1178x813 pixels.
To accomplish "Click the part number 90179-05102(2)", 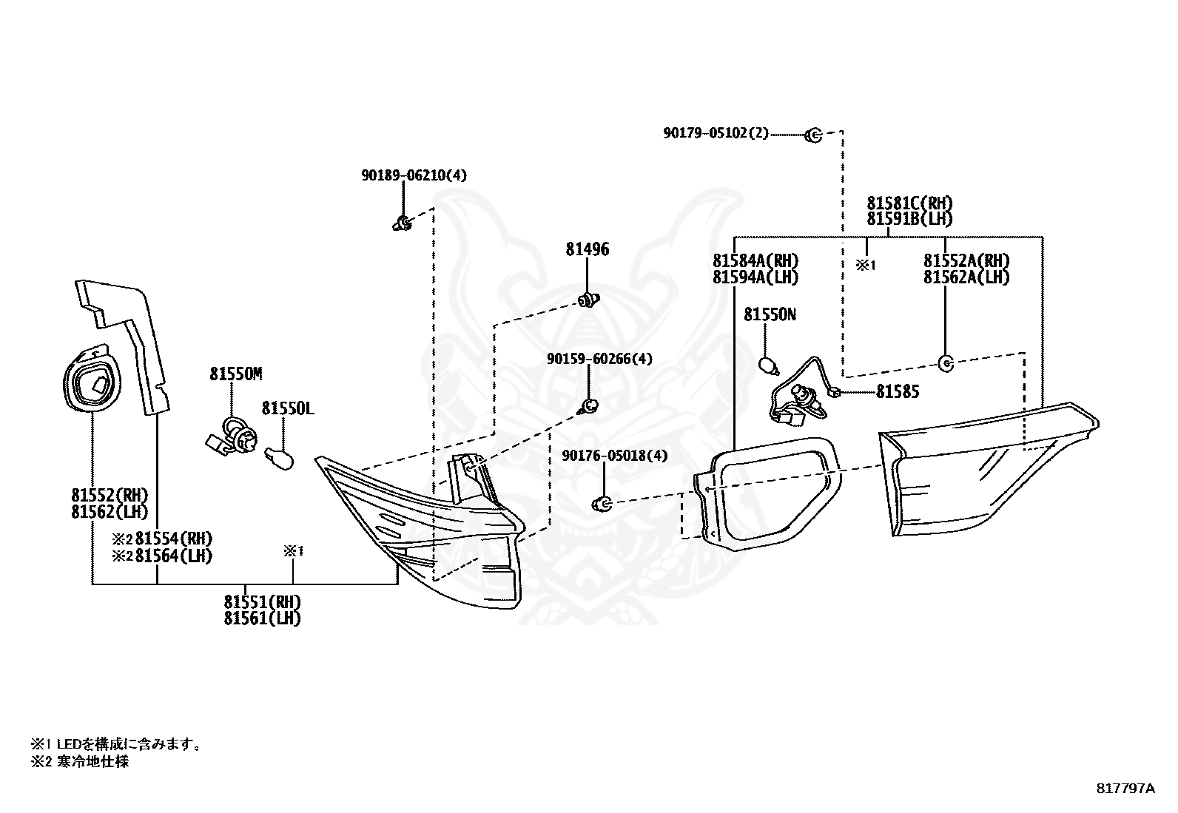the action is (x=716, y=133).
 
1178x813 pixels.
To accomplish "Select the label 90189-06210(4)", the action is (x=414, y=175).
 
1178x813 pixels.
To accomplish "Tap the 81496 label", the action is (x=588, y=249).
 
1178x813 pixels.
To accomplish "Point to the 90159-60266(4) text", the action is (x=599, y=359).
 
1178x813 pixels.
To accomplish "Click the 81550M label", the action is (x=236, y=374).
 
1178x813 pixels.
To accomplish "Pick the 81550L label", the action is (x=288, y=408).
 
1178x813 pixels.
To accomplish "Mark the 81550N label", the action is (x=770, y=314).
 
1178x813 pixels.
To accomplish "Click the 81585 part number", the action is (x=898, y=392).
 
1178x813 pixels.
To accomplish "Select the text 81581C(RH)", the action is (x=910, y=203).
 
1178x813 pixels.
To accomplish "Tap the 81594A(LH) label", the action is (x=755, y=277).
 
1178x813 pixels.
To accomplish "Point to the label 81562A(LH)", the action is (x=966, y=277).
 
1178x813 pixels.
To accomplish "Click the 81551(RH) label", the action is (x=263, y=601).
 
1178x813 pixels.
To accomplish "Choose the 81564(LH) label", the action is (x=174, y=556).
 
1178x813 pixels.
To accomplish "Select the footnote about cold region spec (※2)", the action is (x=79, y=761).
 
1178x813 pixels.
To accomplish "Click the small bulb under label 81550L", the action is (x=279, y=458).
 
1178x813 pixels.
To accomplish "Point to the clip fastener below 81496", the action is (x=589, y=301).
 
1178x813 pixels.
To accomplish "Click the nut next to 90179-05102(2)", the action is (x=813, y=135).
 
